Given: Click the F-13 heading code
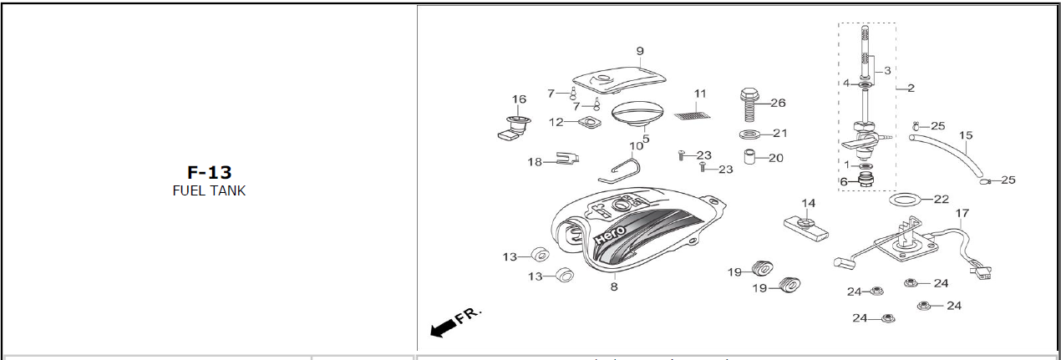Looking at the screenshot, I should pos(208,173).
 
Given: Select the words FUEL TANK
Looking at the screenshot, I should pos(208,190).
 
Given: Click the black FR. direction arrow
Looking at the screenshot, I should pos(444,328).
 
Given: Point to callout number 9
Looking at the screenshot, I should pos(640,52).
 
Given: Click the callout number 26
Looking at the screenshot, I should pos(778,104).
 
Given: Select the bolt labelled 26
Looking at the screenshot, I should pos(749,104).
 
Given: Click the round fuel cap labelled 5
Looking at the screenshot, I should pos(637,113).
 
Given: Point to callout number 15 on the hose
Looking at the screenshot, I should pos(966,135).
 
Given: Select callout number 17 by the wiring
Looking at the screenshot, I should pos(962,213).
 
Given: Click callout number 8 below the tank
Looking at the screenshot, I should pos(614,286).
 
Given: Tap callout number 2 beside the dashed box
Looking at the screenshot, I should pos(911,88).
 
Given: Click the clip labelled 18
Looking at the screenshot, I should pos(566,159).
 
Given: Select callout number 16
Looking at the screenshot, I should pos(519,99).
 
